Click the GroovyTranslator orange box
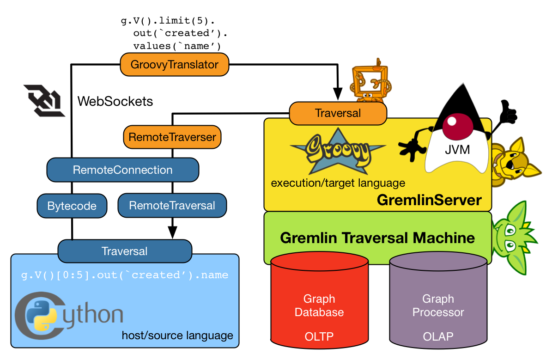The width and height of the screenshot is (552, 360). click(x=174, y=65)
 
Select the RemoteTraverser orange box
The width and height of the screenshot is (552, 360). click(x=172, y=137)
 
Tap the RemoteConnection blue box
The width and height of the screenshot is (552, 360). click(x=122, y=170)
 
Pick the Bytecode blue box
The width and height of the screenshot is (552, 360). click(x=72, y=206)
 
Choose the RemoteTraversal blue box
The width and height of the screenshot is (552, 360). click(x=172, y=206)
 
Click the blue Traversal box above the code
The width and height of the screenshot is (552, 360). click(x=124, y=251)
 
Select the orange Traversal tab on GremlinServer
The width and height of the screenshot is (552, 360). click(x=338, y=113)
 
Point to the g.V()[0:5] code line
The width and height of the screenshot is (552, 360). click(x=125, y=275)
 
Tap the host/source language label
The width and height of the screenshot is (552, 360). click(x=177, y=336)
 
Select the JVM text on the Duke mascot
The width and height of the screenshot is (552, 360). click(x=457, y=150)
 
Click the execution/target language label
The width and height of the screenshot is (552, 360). click(x=338, y=183)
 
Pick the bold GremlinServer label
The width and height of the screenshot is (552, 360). click(x=429, y=200)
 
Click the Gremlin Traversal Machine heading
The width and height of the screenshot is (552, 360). click(x=377, y=238)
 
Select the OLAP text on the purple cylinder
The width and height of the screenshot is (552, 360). click(x=438, y=336)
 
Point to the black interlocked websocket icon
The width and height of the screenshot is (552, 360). click(x=44, y=100)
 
